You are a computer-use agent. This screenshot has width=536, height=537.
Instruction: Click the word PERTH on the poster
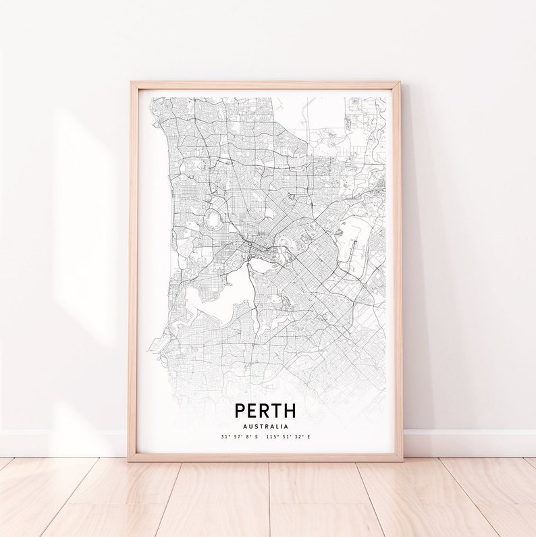pyautogui.click(x=265, y=409)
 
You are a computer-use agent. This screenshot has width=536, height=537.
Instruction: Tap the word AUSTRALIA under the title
pyautogui.click(x=265, y=426)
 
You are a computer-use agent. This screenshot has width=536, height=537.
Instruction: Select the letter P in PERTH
pyautogui.click(x=240, y=409)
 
